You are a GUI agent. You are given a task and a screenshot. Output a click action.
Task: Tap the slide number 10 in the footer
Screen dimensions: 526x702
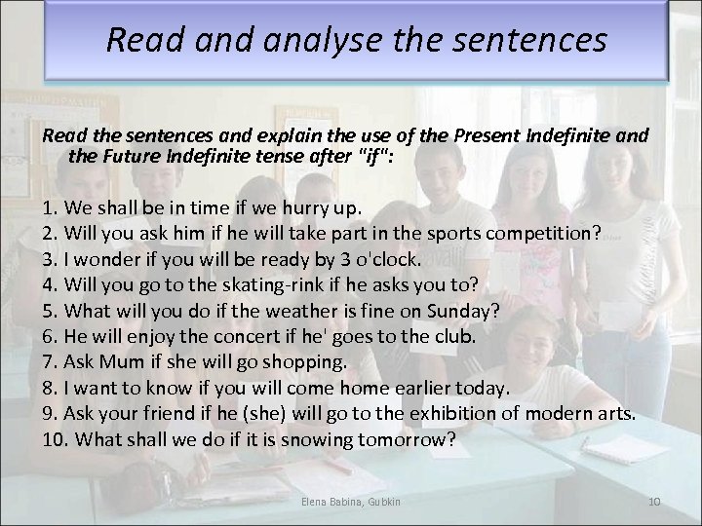click(654, 501)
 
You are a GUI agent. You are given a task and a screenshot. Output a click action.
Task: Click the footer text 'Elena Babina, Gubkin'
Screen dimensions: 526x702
click(350, 501)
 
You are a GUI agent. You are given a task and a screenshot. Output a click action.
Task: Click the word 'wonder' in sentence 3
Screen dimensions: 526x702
click(98, 259)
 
